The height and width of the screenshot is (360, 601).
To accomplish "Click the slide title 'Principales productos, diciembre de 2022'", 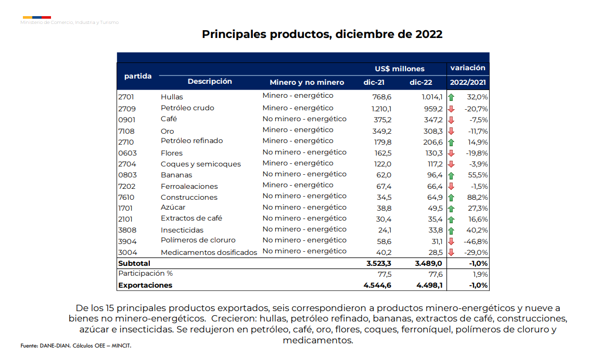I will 322,34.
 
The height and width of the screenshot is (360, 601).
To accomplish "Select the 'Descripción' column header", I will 210,82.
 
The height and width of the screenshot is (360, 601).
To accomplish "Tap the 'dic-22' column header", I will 420,82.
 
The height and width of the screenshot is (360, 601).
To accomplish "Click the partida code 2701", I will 126,97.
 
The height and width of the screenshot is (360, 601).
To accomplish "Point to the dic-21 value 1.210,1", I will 381,108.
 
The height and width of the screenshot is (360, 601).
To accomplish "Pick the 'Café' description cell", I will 169,119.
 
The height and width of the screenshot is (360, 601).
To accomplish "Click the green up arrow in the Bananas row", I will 451,175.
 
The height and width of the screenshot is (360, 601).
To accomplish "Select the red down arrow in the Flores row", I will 451,153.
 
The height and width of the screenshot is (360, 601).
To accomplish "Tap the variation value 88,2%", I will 478,198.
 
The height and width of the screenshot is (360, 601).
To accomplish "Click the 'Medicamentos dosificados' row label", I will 209,252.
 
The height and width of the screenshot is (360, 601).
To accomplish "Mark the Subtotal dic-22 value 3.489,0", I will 429,264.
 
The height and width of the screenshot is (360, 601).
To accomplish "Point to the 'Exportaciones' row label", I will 145,285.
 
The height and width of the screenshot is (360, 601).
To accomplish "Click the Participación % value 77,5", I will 386,274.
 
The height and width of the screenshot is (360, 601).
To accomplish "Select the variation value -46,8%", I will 477,241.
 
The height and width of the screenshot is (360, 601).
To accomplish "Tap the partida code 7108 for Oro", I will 126,131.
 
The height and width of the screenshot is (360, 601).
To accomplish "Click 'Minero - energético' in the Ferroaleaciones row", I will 298,185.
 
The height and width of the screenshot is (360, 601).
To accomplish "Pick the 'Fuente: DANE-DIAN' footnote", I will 76,345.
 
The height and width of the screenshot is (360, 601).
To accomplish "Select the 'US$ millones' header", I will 399,69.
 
